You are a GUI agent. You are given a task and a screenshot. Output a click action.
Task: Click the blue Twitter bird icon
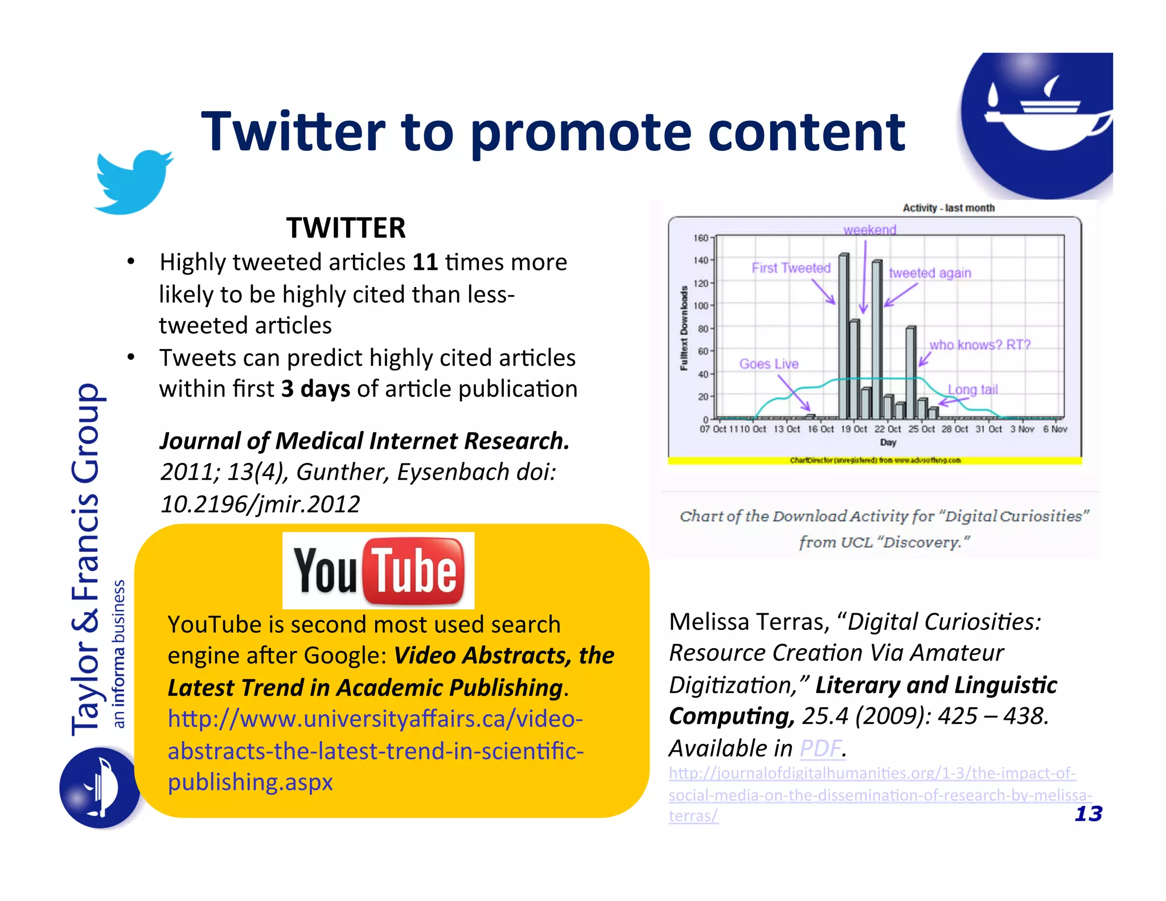tap(133, 182)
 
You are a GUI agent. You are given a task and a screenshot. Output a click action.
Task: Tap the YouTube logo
tap(378, 571)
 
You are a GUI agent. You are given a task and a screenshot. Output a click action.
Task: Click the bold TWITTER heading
tap(346, 228)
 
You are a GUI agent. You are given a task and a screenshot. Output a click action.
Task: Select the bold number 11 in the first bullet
tap(425, 263)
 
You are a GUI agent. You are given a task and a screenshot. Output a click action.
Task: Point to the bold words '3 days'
tap(315, 389)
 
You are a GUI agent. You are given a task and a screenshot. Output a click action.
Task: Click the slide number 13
tap(1088, 814)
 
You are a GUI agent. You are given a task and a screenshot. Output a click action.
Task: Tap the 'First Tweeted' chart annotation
tap(791, 268)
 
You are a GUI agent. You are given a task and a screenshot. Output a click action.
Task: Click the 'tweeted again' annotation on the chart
tap(930, 273)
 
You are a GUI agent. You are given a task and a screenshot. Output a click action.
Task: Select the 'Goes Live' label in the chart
tap(769, 364)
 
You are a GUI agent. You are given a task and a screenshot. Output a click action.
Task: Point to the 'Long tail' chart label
tap(972, 390)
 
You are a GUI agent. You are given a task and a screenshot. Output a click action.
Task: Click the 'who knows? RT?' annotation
tap(980, 345)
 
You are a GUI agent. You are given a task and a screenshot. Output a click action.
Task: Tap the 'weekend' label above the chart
tap(869, 230)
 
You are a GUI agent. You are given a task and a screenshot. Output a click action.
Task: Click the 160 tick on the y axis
tap(700, 238)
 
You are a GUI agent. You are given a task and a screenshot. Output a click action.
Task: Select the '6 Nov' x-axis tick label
tap(1055, 429)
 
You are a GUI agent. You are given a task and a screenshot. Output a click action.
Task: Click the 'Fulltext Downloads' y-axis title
tap(684, 328)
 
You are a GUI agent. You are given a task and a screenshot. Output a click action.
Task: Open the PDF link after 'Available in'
tap(820, 748)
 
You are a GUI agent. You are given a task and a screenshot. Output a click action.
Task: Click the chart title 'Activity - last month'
tap(949, 208)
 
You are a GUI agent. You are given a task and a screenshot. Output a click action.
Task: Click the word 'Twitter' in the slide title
tap(293, 132)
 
